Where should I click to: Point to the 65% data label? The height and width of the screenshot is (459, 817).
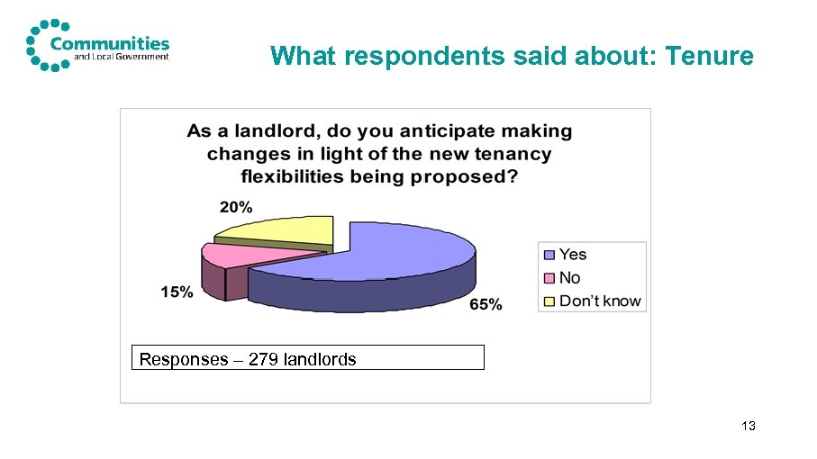(486, 305)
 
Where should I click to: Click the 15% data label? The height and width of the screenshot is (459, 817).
(177, 292)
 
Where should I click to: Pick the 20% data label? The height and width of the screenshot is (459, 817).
(236, 206)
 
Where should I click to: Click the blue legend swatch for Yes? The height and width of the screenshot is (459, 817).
(549, 255)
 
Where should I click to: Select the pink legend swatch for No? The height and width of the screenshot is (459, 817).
(549, 278)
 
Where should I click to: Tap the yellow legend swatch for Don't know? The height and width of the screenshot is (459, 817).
(549, 301)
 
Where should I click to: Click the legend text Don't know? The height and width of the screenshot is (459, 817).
(600, 301)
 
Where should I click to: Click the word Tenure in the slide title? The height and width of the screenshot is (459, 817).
(708, 57)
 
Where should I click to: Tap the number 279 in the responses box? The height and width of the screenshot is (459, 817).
(262, 359)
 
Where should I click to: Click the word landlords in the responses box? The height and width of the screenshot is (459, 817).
(320, 359)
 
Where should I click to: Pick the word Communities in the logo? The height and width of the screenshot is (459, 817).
(110, 42)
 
